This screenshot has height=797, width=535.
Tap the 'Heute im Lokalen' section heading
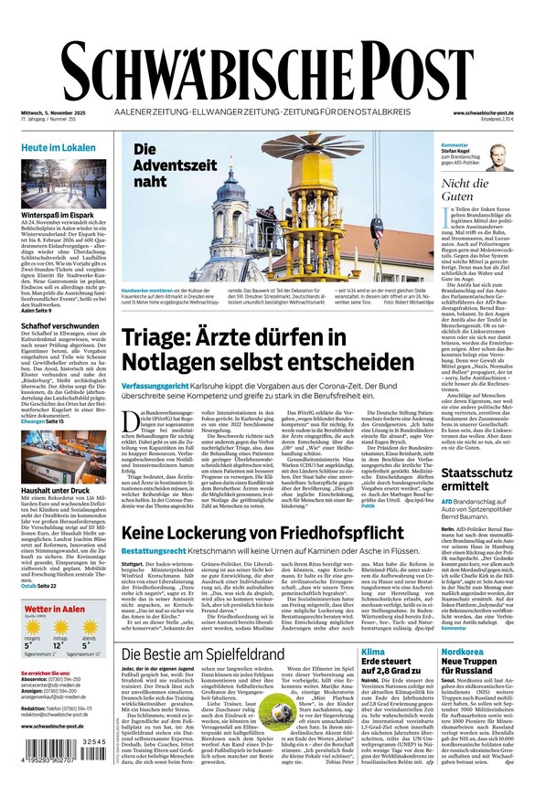click(59, 147)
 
